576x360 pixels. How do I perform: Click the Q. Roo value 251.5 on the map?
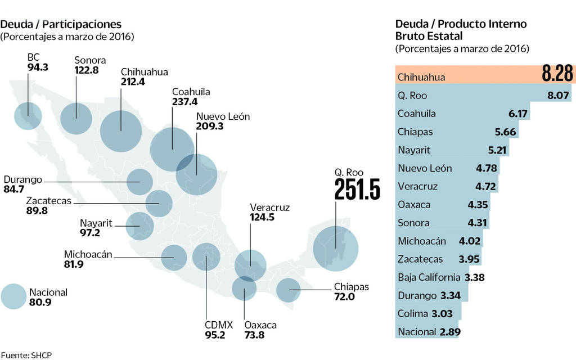pyautogui.click(x=357, y=190)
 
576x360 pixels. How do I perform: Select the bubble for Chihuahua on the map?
pyautogui.click(x=121, y=130)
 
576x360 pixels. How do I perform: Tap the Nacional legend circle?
pyautogui.click(x=13, y=296)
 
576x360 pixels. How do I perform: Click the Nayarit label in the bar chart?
pyautogui.click(x=413, y=150)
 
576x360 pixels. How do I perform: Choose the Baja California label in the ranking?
pyautogui.click(x=428, y=277)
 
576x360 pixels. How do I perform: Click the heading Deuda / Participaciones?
pyautogui.click(x=61, y=24)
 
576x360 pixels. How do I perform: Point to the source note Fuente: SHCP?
pyautogui.click(x=29, y=355)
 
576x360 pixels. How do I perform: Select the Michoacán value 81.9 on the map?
pyautogui.click(x=74, y=264)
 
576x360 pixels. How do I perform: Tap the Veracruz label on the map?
pyautogui.click(x=270, y=208)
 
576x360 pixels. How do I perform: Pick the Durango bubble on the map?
pyautogui.click(x=140, y=181)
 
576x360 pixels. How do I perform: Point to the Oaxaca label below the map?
pyautogui.click(x=260, y=325)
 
